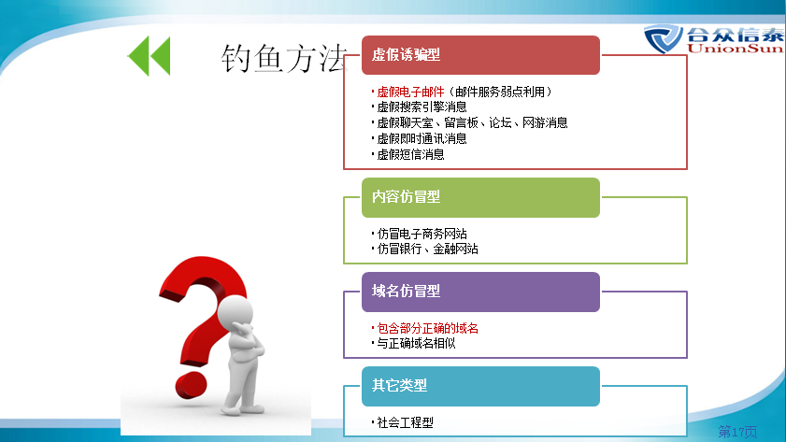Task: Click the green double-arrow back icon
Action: point(149,56)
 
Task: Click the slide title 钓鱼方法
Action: point(284,58)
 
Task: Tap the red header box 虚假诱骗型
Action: point(480,55)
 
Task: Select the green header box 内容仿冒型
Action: point(480,197)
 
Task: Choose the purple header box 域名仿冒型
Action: point(480,292)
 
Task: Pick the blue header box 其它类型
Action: point(480,386)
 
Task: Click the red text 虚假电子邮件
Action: point(410,92)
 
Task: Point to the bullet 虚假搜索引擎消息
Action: point(422,107)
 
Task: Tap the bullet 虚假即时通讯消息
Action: point(422,138)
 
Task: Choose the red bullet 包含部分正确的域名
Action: point(426,328)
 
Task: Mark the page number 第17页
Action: point(737,432)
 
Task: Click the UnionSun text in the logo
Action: point(736,49)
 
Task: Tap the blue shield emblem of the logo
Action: point(664,38)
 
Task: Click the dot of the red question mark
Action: point(191,385)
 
